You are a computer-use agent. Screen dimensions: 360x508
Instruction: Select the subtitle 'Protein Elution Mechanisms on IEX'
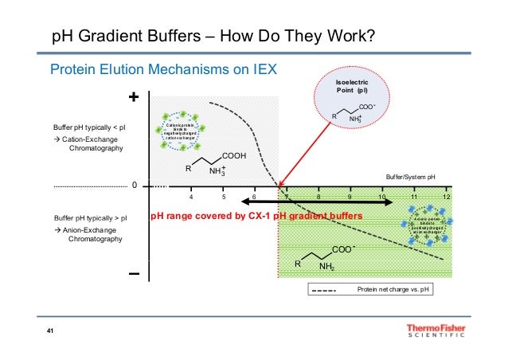(163, 69)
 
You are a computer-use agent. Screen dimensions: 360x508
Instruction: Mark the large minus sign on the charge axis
(134, 274)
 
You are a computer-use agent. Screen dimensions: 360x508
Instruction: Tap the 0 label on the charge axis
(135, 186)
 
